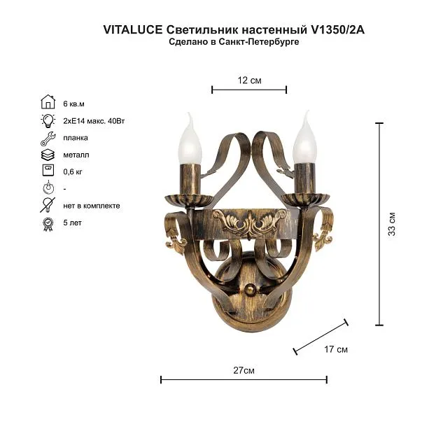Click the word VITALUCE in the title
click(x=133, y=29)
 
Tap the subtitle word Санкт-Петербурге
click(x=259, y=42)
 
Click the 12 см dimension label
click(x=249, y=80)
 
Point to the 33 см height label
click(x=391, y=224)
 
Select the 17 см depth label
click(x=336, y=349)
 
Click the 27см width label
click(x=244, y=370)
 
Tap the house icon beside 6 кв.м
click(x=48, y=101)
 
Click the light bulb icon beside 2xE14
click(x=48, y=120)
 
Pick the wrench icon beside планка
click(x=48, y=139)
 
